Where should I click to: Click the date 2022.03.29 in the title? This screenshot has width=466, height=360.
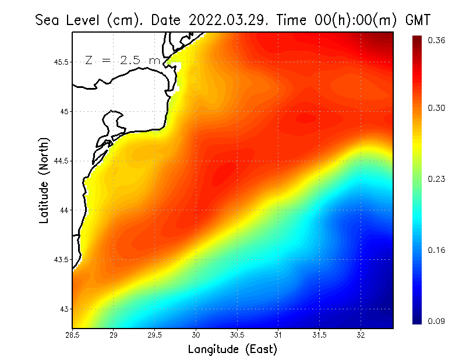click(225, 20)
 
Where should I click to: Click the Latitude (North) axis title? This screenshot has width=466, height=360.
click(44, 181)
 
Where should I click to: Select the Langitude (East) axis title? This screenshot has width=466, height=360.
click(232, 350)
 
